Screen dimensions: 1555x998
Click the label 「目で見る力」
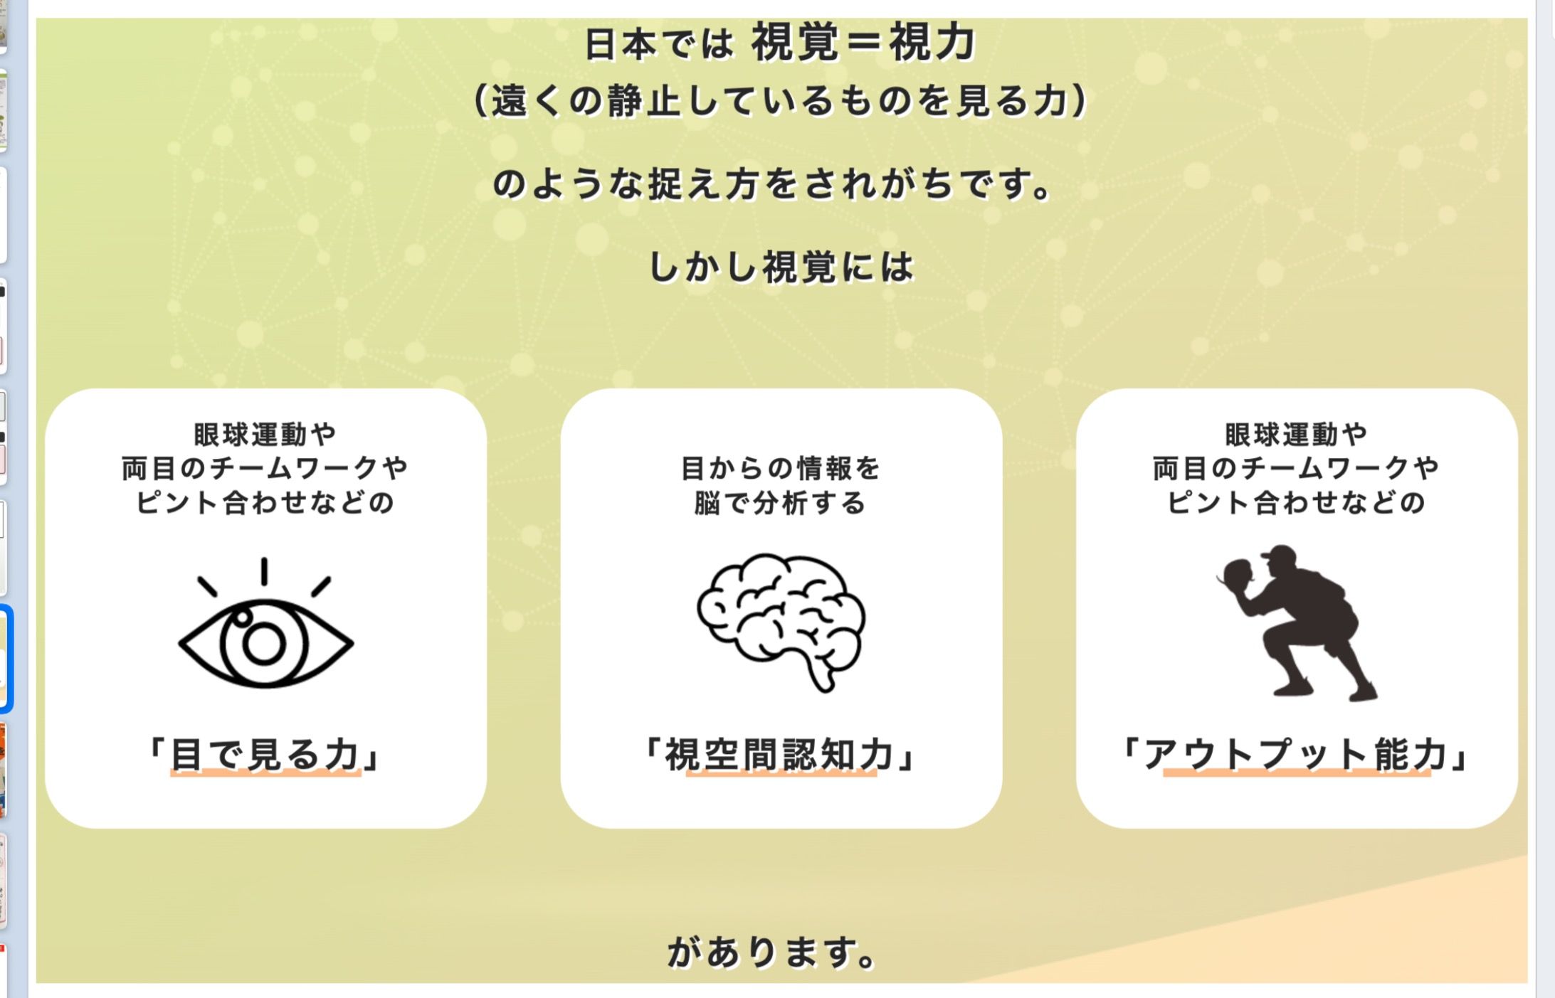(x=265, y=755)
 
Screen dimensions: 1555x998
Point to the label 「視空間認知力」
(x=781, y=755)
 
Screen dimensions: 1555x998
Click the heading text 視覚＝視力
(x=863, y=43)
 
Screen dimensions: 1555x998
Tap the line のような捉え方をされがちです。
(x=773, y=184)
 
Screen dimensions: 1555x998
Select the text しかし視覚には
(x=781, y=267)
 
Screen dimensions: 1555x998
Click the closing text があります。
(x=771, y=952)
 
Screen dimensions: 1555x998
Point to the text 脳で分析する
(x=780, y=503)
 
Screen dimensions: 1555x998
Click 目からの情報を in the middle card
(x=781, y=468)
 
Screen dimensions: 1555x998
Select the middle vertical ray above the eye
(x=264, y=572)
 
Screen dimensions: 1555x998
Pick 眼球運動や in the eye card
(x=265, y=434)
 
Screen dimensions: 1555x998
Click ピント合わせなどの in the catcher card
(x=1296, y=502)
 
